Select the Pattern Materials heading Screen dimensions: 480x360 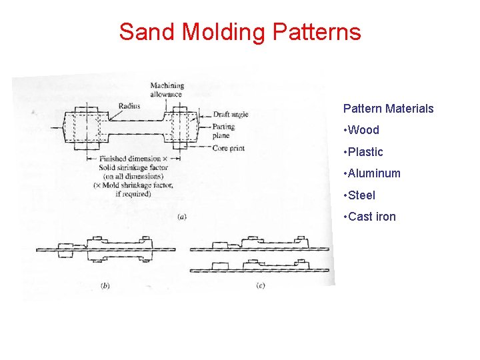point(388,108)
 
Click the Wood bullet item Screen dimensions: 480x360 point(363,130)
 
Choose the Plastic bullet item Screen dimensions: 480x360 point(365,152)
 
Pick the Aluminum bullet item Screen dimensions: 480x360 point(374,173)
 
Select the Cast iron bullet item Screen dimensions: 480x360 point(371,217)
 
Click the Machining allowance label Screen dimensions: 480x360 point(167,90)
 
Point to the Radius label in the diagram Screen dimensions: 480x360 point(129,105)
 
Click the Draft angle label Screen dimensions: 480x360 point(230,115)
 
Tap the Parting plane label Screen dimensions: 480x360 point(224,130)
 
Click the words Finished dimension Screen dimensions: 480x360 point(130,159)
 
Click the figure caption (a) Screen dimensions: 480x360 point(182,215)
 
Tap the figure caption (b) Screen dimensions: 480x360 point(105,286)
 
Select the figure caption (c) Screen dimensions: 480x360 point(261,285)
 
